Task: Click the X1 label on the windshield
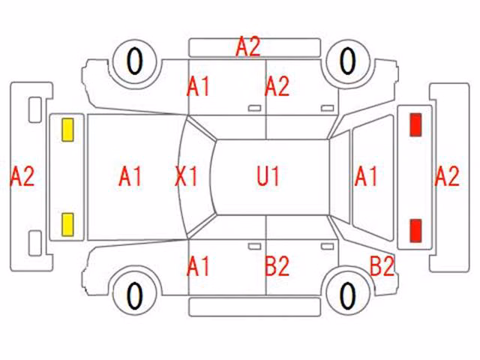pos(187,176)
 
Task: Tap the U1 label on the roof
pos(268,176)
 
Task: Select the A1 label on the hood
pos(130,176)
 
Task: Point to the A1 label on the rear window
pos(366,176)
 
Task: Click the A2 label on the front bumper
pos(22,176)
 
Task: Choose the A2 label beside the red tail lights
pos(447,176)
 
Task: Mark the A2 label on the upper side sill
pos(248,46)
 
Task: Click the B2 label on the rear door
pos(277,266)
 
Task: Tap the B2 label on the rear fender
pos(382,265)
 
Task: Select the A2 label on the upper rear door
pos(277,87)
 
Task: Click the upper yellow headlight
pos(67,130)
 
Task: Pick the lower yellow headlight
pos(67,225)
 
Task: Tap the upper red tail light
pos(415,124)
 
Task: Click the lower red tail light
pos(415,230)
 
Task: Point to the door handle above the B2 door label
pos(327,247)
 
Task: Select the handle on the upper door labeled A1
pos(254,108)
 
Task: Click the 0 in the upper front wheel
pos(135,61)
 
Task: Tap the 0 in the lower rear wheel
pos(348,295)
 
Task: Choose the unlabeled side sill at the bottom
pos(255,307)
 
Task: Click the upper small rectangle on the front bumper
pos(35,110)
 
